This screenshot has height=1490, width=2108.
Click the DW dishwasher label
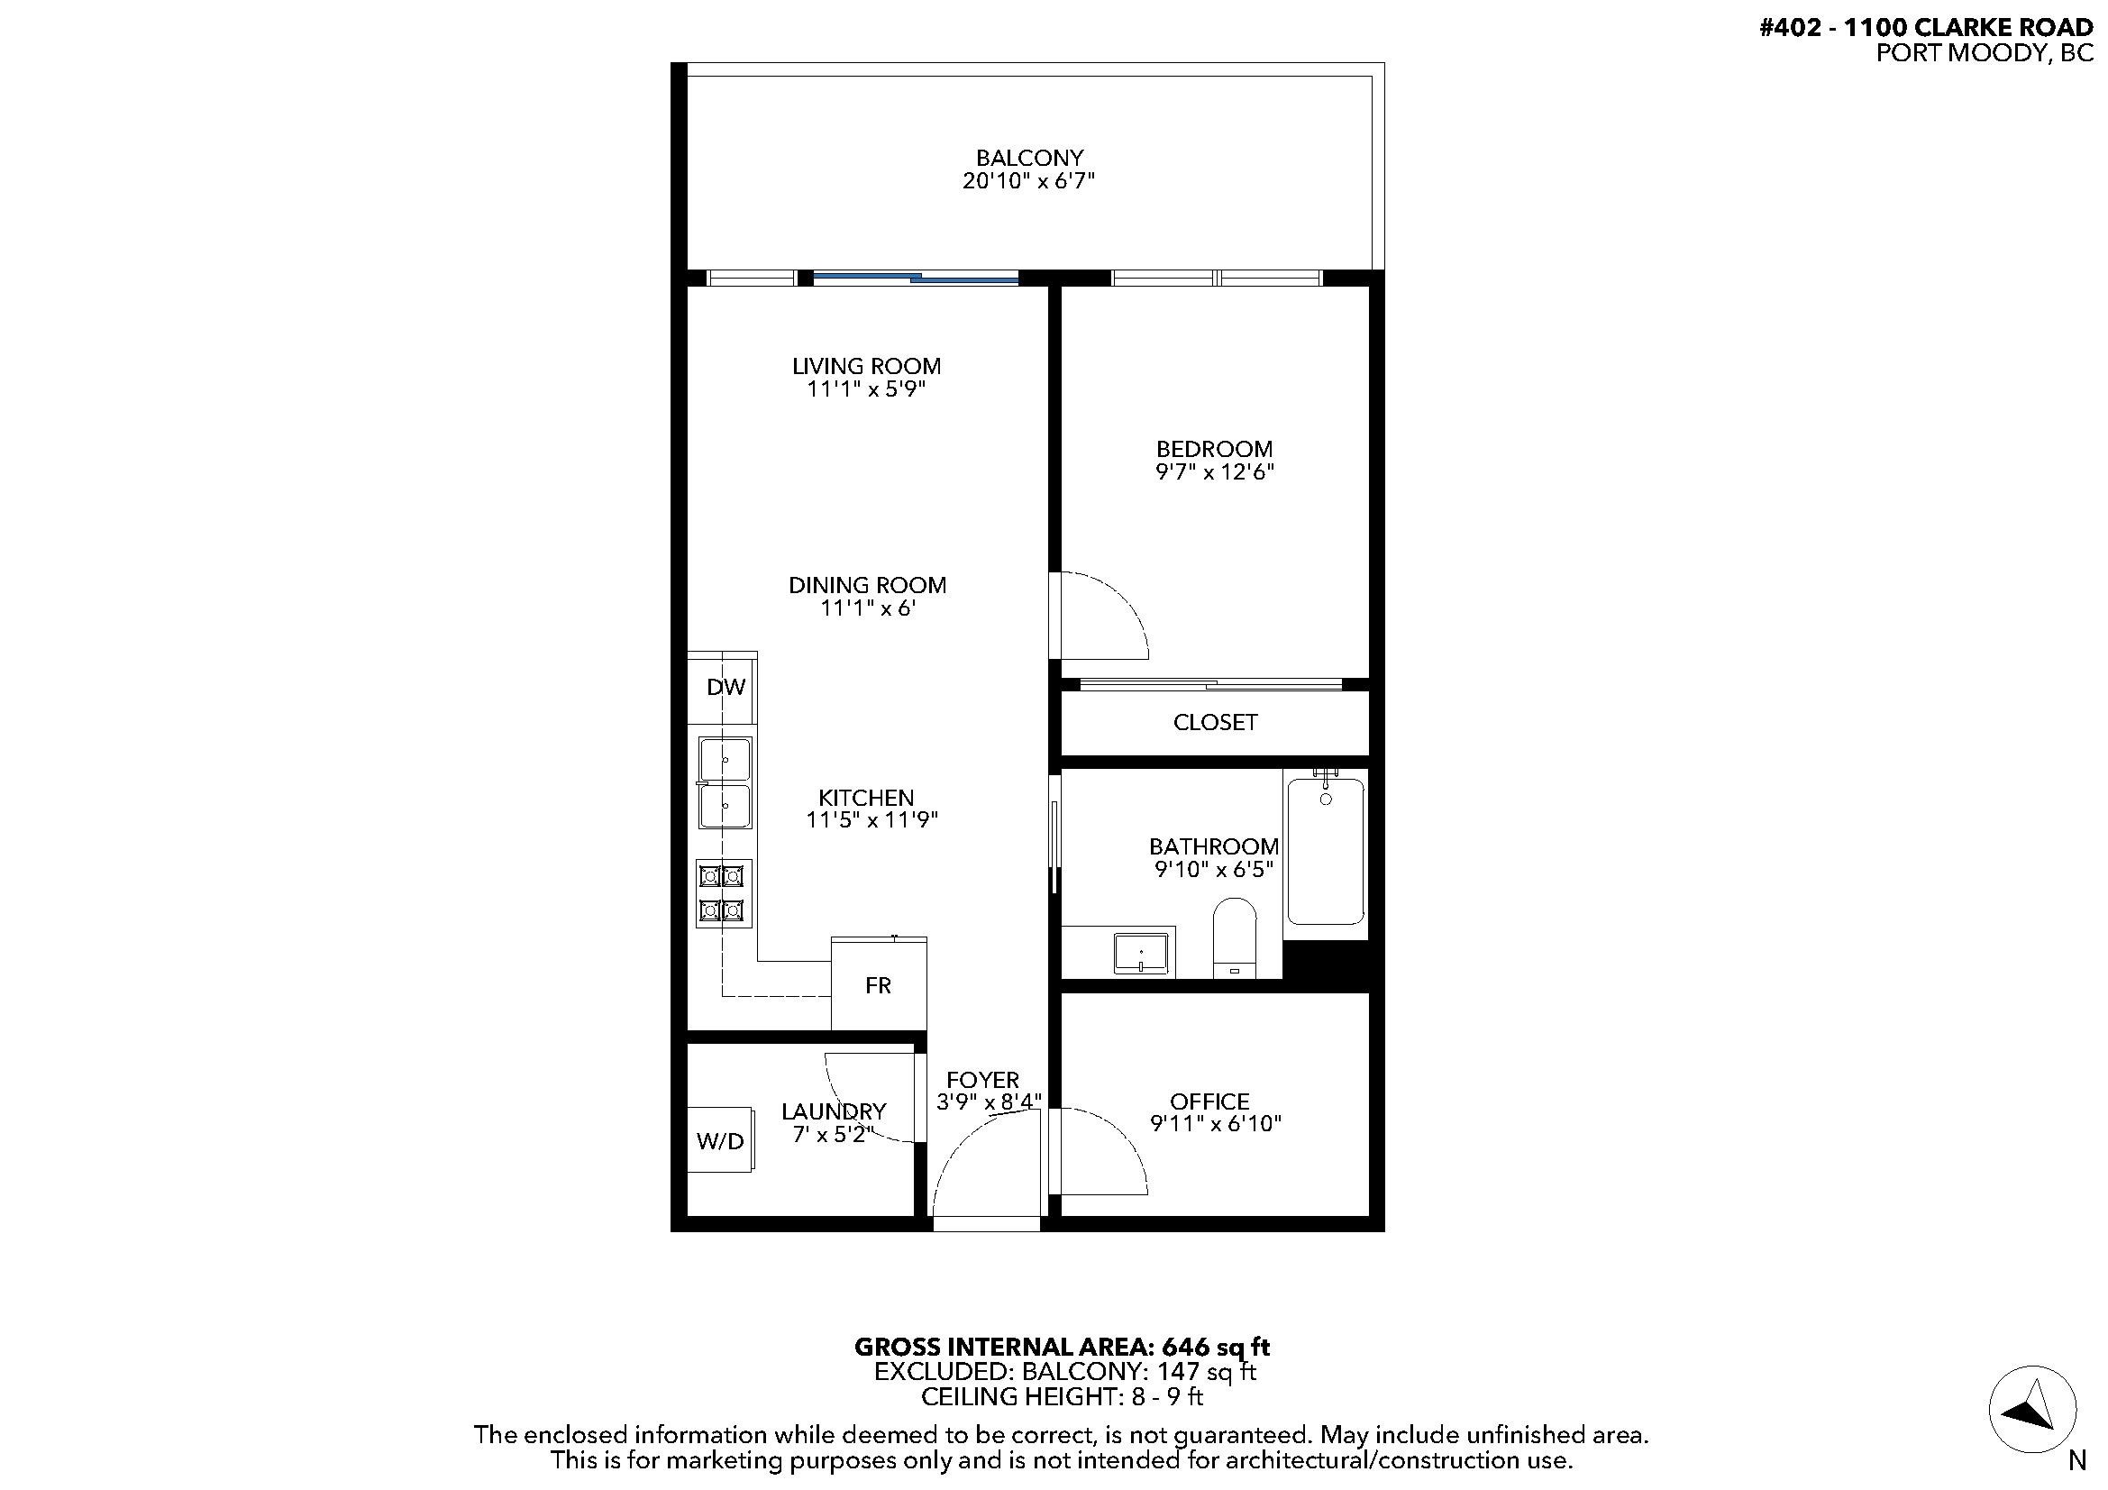pos(726,687)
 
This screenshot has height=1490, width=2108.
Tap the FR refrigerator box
pos(879,983)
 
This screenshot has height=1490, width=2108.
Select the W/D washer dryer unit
pos(721,1140)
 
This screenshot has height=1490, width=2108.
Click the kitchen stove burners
pos(725,893)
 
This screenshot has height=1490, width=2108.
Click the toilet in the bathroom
pos(1234,937)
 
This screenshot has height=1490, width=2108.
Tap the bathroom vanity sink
pos(1141,953)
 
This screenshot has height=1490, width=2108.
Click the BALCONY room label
pos(1029,158)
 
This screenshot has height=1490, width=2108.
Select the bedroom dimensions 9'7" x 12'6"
pos(1215,472)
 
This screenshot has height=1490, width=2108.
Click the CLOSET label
pos(1215,723)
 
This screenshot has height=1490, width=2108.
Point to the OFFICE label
pos(1209,1101)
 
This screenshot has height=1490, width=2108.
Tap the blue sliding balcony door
pos(917,277)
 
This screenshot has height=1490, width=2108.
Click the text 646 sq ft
pos(1216,1347)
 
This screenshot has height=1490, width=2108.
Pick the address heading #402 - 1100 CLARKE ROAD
pos(1926,28)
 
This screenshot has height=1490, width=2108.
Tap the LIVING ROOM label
pos(867,365)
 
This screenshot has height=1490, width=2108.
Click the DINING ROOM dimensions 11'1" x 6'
pos(869,608)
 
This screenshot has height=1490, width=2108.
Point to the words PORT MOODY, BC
pos(1984,53)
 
